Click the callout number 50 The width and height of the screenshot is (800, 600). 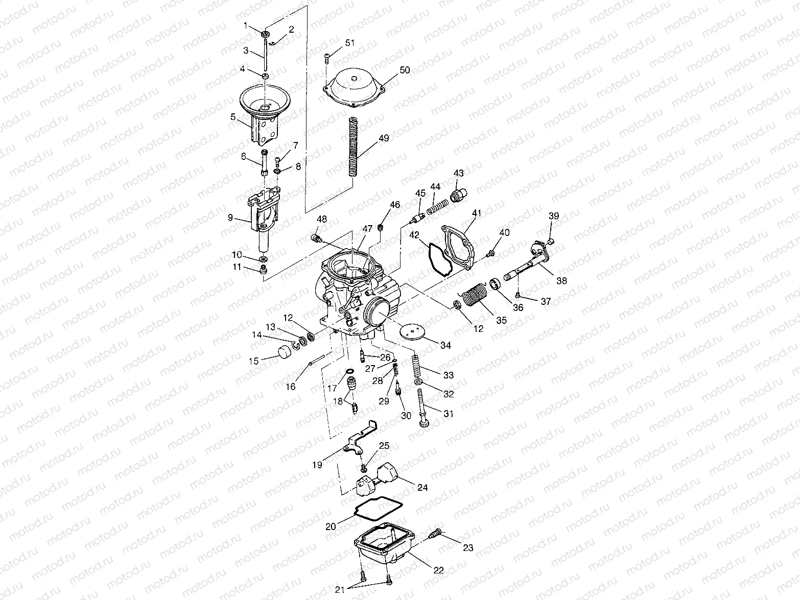click(405, 70)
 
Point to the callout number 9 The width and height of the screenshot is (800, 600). click(231, 218)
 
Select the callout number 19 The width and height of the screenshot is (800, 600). click(317, 465)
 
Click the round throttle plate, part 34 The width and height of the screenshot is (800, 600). click(414, 332)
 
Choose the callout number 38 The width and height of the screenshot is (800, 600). click(562, 281)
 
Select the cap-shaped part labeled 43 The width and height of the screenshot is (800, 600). click(458, 195)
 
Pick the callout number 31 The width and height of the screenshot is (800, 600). click(448, 414)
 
